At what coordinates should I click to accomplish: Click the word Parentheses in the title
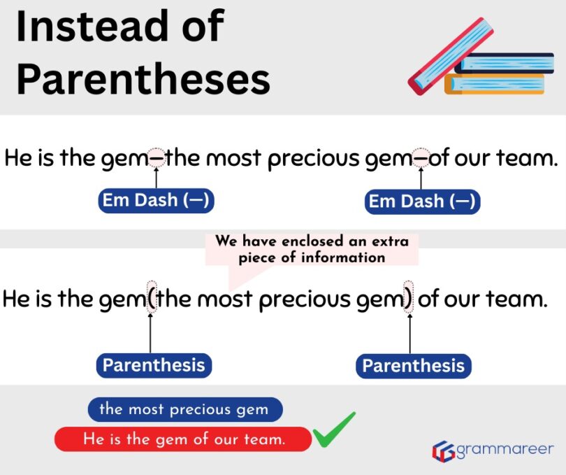coord(143,79)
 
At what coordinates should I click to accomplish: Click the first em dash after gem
coord(157,159)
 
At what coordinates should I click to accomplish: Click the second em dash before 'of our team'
coord(421,159)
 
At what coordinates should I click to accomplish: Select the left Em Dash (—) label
coord(155,201)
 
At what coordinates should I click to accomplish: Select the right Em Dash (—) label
coord(422,201)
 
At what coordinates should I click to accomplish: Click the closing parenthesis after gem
coord(409,300)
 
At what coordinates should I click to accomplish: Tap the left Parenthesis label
coord(154,365)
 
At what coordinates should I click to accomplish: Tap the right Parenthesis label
coord(413,366)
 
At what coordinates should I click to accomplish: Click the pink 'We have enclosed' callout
coord(311,249)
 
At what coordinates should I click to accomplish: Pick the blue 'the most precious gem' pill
coord(184,409)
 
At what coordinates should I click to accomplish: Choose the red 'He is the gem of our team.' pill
coord(183,439)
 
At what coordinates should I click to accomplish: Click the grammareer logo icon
coord(443,451)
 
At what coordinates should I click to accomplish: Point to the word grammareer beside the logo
coord(505,449)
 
